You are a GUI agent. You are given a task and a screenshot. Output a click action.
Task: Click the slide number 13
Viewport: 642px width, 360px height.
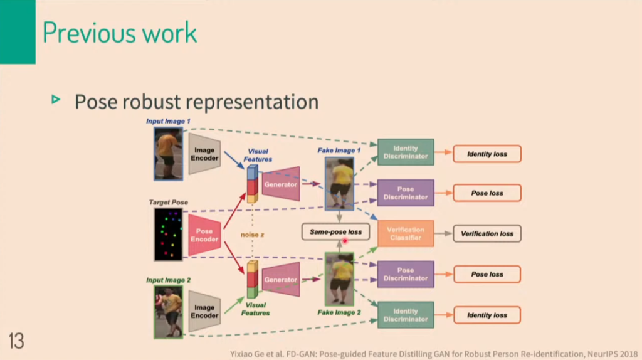click(x=16, y=341)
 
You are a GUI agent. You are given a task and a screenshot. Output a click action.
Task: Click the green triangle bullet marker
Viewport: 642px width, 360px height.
click(x=56, y=99)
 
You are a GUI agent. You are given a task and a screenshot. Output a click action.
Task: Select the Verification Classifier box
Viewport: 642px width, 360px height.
click(x=405, y=233)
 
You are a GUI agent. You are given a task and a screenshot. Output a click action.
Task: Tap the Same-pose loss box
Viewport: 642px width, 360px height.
click(x=335, y=232)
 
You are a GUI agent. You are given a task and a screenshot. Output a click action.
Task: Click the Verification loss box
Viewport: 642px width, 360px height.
click(x=487, y=233)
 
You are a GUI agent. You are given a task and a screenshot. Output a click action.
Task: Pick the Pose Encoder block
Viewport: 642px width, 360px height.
click(x=204, y=235)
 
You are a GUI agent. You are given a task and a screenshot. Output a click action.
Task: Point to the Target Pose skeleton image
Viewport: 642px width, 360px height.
click(x=168, y=235)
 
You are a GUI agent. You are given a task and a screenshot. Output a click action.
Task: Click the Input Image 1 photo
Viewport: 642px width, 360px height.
click(x=168, y=153)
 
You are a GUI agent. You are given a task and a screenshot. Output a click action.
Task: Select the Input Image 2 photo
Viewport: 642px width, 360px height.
click(x=168, y=312)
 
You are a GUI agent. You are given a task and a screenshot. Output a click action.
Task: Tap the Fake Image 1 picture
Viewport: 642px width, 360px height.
click(x=339, y=183)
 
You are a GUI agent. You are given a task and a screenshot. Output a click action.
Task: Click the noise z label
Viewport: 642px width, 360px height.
click(x=253, y=235)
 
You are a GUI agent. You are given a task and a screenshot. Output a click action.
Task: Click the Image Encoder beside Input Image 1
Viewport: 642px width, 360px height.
click(x=204, y=154)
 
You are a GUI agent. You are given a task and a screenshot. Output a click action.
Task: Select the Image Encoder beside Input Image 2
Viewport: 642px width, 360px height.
click(x=204, y=311)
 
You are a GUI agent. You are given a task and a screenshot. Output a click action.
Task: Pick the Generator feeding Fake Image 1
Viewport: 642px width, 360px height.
click(x=280, y=184)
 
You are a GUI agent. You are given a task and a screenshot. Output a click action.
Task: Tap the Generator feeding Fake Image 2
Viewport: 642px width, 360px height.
click(x=280, y=280)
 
